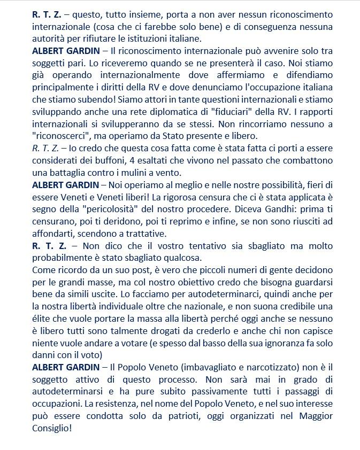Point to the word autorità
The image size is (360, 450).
[49, 38]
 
